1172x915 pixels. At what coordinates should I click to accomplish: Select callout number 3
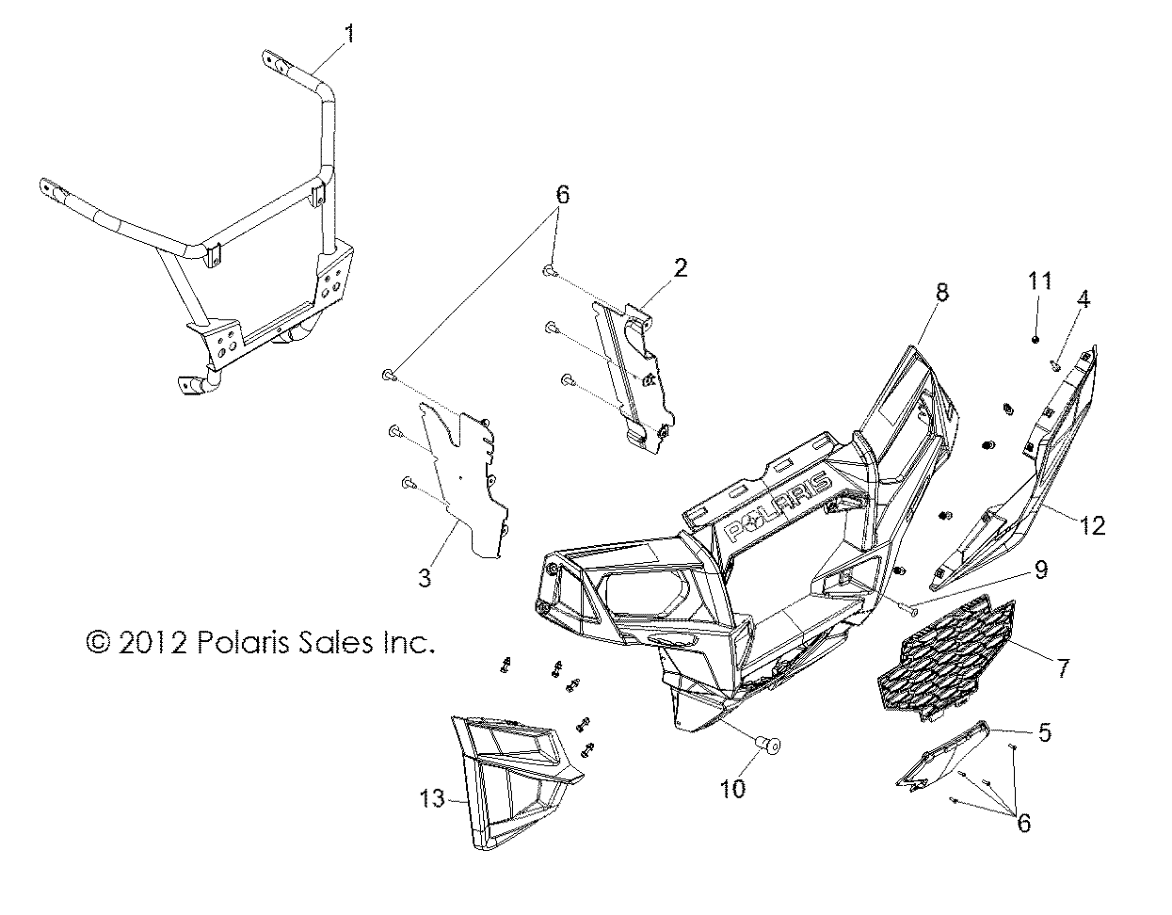(425, 577)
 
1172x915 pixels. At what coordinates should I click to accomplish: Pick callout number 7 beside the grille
(1062, 669)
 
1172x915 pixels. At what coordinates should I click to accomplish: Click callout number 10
(732, 788)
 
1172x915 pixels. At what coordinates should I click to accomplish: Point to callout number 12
(1092, 526)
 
